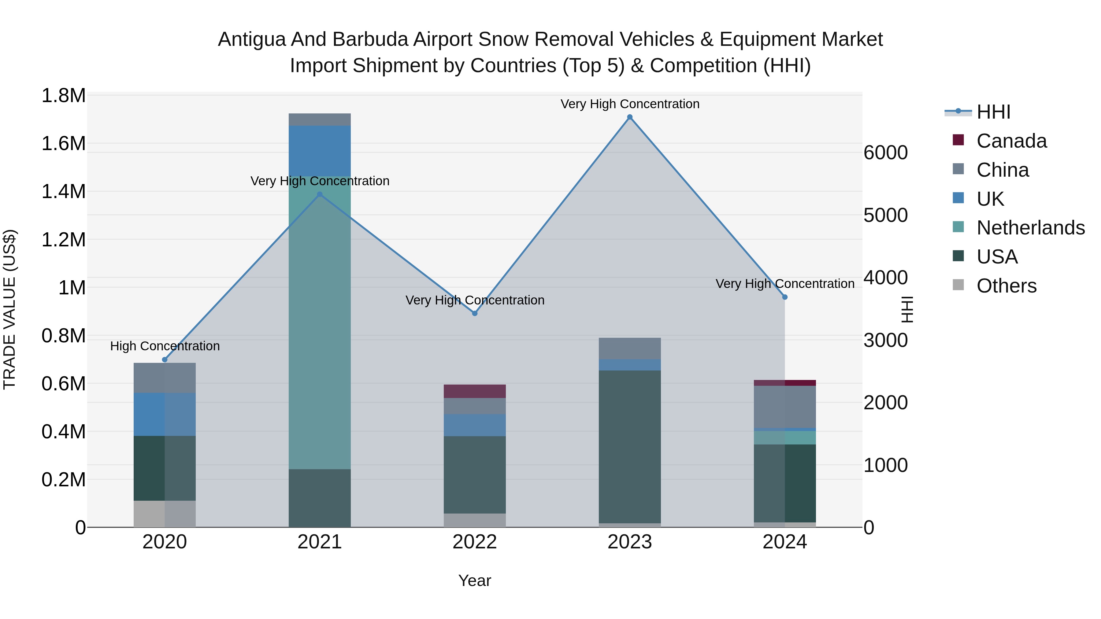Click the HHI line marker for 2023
point(630,117)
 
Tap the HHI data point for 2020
point(165,360)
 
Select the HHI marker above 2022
point(474,313)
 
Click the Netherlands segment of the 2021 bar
point(320,322)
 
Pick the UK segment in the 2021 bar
point(320,151)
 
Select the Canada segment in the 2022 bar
point(474,391)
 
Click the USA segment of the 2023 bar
point(630,446)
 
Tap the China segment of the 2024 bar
point(785,407)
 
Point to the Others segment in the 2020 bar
point(165,514)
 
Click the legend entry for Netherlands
point(1030,228)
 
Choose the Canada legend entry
point(1011,141)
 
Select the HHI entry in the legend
point(993,112)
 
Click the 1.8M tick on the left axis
point(63,96)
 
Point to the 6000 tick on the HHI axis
point(886,153)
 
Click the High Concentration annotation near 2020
point(165,346)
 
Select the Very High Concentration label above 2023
point(630,104)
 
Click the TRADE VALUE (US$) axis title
point(9,309)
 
